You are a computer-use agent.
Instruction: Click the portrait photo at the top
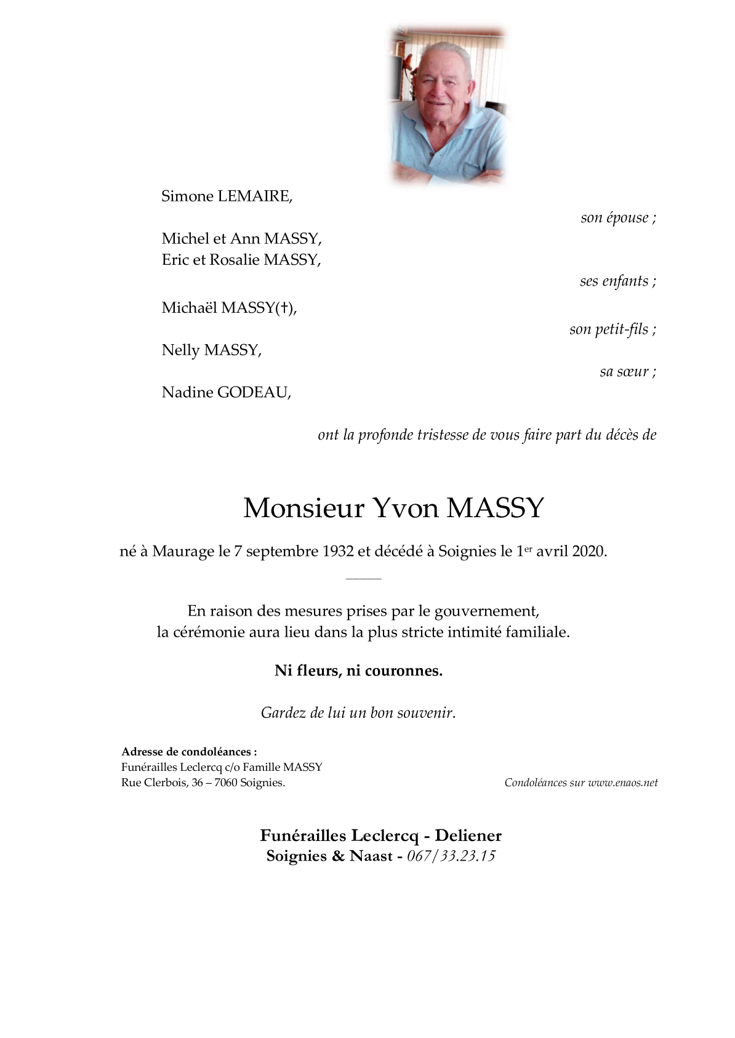coord(448,106)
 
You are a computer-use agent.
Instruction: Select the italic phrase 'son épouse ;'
coord(618,218)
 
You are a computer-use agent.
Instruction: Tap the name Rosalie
coord(235,260)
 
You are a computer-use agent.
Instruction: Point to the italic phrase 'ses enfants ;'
coord(617,281)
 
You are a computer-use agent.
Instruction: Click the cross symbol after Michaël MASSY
coord(285,308)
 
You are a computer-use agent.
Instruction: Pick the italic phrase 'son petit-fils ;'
coord(612,329)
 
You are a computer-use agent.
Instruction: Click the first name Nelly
coord(181,350)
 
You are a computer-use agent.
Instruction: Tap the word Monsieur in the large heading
coord(304,508)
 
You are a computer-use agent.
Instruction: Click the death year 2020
coord(588,551)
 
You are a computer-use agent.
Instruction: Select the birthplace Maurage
coord(183,551)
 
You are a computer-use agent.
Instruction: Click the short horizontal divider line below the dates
coord(364,579)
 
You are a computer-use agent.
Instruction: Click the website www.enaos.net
coord(622,783)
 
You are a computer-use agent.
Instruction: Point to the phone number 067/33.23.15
coord(451,856)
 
